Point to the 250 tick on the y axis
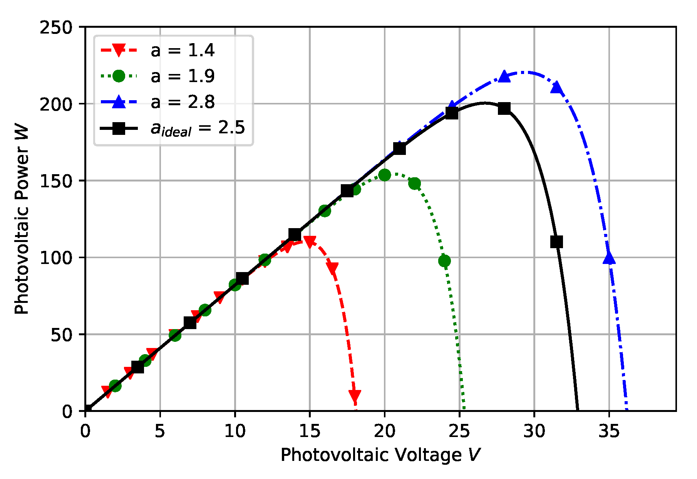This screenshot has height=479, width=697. [56, 27]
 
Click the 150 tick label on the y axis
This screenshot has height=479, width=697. [56, 181]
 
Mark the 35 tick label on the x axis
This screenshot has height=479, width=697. [609, 432]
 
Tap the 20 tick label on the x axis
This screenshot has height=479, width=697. [384, 432]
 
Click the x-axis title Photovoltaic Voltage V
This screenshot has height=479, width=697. [380, 455]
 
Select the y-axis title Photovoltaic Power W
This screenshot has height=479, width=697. [22, 219]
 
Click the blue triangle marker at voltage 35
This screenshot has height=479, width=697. [609, 258]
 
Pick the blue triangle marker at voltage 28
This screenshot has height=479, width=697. [504, 77]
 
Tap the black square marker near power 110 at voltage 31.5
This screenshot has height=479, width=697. [556, 242]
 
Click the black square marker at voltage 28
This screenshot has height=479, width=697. [504, 109]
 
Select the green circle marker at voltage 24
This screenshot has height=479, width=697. [444, 261]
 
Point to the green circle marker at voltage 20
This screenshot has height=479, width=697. [384, 175]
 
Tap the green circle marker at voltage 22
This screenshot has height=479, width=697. [414, 183]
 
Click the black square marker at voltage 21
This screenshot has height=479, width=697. [399, 148]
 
